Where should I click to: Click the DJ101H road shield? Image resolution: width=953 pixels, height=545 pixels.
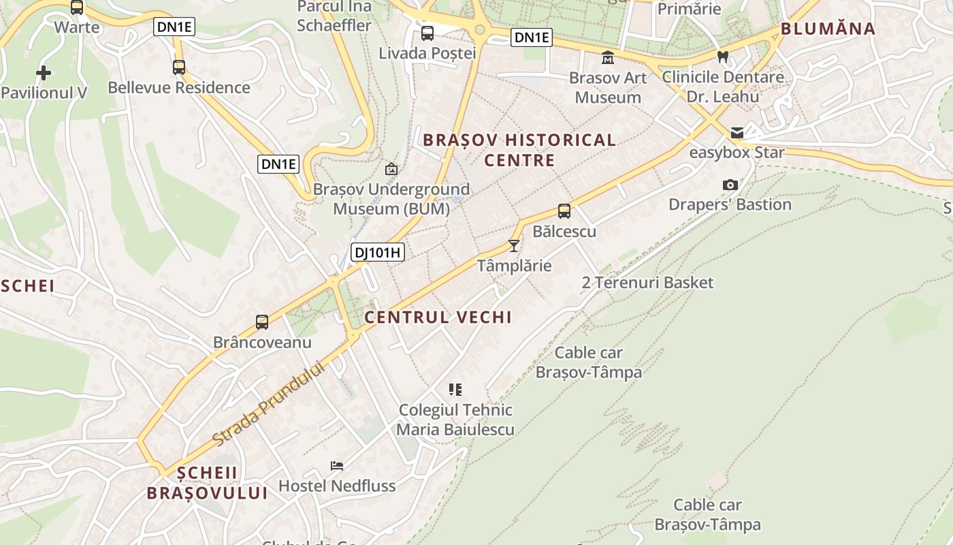point(378,253)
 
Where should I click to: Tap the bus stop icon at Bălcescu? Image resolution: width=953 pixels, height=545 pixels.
point(564,211)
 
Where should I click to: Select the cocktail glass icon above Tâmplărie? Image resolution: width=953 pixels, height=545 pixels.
point(514,245)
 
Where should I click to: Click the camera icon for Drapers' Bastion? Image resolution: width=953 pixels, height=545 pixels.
point(730,185)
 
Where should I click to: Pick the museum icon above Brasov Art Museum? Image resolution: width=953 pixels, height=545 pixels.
point(608,58)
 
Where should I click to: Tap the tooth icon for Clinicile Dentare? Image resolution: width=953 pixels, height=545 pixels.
point(723,57)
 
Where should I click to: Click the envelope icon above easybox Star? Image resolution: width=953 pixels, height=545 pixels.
point(737,133)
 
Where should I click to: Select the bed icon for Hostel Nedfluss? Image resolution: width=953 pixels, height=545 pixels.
point(337,466)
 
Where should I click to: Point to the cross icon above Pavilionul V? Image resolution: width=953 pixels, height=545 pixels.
point(44,72)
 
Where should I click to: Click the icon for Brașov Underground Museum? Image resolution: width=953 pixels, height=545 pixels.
point(391,169)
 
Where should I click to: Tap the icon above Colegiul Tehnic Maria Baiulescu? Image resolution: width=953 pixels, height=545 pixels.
point(455,390)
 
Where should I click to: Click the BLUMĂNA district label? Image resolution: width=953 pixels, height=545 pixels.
point(828,29)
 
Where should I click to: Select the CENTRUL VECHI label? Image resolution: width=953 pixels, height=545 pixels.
point(438,317)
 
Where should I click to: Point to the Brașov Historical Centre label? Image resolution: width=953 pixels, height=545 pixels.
point(519,151)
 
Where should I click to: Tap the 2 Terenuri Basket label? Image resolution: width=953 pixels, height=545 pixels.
point(647,282)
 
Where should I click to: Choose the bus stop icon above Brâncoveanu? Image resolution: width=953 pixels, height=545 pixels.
point(262,322)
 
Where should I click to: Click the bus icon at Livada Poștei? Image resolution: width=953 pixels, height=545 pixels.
point(427,33)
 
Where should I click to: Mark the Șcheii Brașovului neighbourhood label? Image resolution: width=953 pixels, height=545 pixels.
point(208,483)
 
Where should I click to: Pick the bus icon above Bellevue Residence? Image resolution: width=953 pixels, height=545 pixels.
point(179,67)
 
